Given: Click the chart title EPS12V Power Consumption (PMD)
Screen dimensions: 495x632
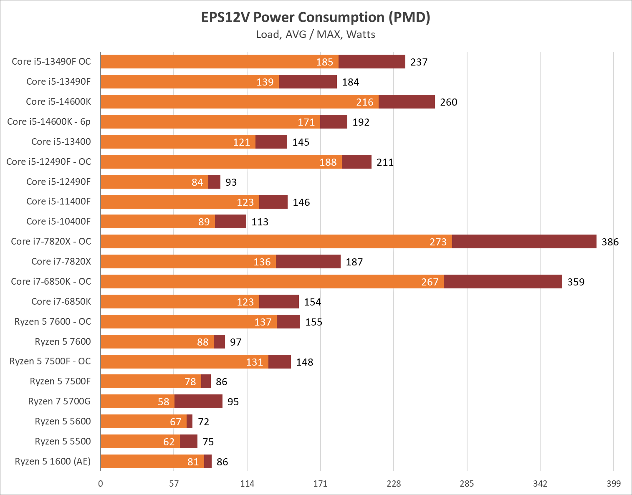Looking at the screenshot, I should [316, 17].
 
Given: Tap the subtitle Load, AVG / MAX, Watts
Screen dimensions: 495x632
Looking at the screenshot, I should [316, 34].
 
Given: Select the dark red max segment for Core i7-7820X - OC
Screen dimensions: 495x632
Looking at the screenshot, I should [524, 242].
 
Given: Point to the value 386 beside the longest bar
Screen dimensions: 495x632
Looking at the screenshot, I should [610, 242].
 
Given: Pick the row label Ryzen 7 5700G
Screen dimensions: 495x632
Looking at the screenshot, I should [59, 402].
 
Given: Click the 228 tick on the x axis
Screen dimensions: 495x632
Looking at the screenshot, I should [394, 484].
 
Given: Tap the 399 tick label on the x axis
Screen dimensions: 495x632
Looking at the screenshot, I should [613, 484].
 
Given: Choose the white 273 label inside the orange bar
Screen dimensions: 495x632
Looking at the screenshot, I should [438, 242].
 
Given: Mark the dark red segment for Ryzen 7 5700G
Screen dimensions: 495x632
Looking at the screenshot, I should [198, 402].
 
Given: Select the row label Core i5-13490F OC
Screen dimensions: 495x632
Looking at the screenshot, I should [51, 62].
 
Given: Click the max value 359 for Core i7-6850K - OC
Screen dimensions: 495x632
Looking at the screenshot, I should [576, 282].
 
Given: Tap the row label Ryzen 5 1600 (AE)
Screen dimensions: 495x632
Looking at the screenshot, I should [53, 462].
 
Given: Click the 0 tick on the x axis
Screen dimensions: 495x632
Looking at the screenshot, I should [101, 484].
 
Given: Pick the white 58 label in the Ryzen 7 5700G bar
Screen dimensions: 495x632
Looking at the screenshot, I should [163, 402].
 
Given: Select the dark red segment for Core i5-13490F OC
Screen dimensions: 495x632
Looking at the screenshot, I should [372, 62].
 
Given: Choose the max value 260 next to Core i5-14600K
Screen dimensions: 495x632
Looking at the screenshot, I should [448, 102].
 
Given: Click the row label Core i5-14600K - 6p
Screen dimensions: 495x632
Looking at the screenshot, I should [49, 122].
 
